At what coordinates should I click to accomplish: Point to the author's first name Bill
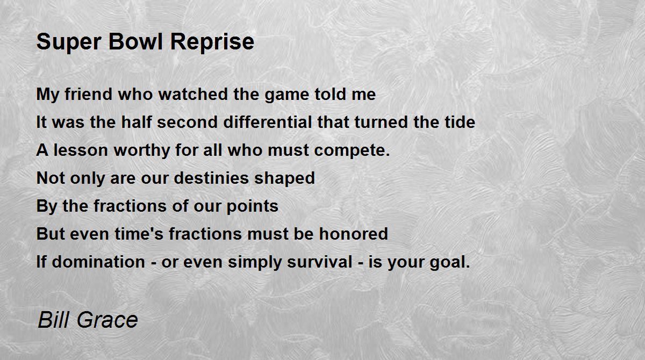(x=55, y=320)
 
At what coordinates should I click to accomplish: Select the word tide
(x=459, y=123)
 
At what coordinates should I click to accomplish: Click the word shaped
(x=290, y=179)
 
